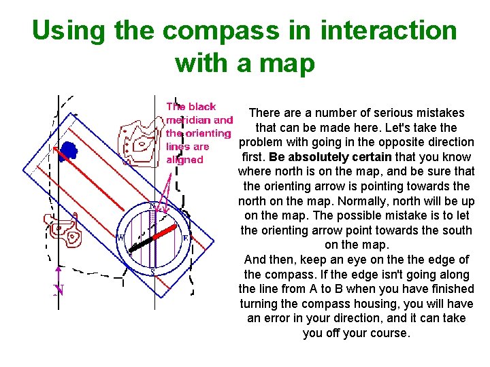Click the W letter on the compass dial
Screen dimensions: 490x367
120,238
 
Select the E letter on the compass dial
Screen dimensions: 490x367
184,238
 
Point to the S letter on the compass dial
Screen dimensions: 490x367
152,273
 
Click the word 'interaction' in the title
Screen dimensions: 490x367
389,31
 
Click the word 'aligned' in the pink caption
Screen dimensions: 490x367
184,160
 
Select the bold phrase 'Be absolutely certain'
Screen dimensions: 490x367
330,157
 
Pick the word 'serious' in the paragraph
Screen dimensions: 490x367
372,113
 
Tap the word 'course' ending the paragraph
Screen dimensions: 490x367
389,333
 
